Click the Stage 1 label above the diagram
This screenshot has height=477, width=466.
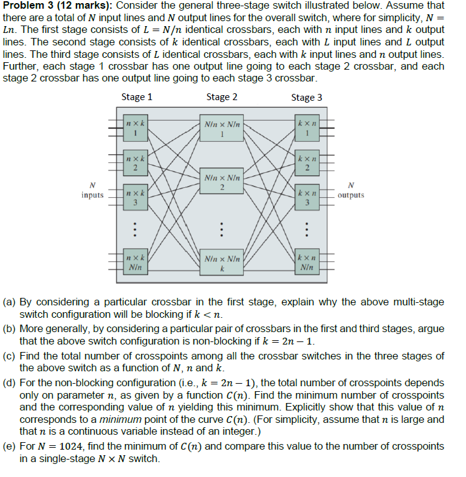pos(137,97)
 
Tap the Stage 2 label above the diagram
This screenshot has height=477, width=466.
pos(221,97)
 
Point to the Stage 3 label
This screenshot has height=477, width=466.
pos(307,97)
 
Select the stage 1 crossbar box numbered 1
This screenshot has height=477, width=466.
pos(135,128)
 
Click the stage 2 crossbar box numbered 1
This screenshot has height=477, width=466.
pos(221,129)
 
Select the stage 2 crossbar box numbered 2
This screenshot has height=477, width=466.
pos(221,182)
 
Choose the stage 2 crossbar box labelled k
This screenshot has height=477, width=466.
pos(221,262)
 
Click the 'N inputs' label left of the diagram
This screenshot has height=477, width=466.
pos(93,190)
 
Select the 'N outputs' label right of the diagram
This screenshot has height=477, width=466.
pos(352,190)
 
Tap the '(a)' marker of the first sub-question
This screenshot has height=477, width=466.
pos(10,302)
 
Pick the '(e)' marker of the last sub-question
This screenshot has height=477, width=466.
pos(10,447)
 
